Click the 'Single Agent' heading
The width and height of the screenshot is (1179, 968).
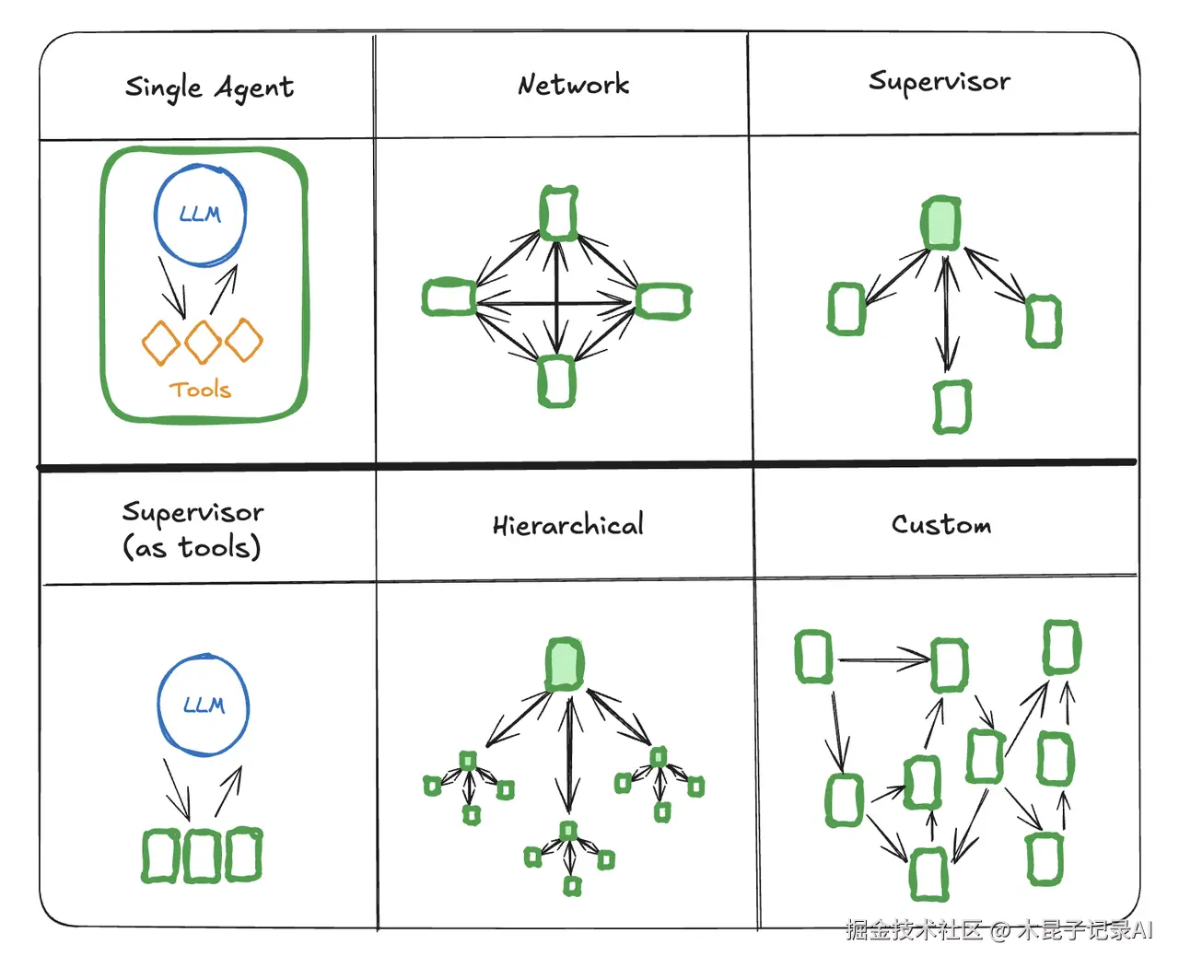[x=209, y=88]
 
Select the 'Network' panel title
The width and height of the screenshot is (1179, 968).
[x=573, y=85]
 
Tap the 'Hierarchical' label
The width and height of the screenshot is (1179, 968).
[x=568, y=524]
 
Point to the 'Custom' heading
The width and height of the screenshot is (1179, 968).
[x=941, y=524]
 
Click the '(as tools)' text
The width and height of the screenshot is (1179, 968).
[x=192, y=547]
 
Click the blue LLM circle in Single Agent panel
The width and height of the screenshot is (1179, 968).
[x=200, y=214]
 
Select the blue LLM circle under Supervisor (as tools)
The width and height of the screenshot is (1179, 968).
[x=204, y=705]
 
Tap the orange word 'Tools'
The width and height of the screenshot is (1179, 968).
[x=200, y=389]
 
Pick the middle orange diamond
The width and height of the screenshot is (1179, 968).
[x=203, y=342]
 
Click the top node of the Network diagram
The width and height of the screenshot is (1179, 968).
[x=558, y=214]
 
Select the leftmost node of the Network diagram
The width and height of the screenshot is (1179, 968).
[x=449, y=297]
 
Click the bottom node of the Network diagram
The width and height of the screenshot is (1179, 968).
[x=556, y=381]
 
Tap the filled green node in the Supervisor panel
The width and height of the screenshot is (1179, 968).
[x=940, y=223]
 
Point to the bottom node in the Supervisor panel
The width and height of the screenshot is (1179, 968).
[x=952, y=407]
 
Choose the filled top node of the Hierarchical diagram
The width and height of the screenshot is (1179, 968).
[x=565, y=664]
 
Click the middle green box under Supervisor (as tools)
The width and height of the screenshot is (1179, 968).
[x=201, y=856]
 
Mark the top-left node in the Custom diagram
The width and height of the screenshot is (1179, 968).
[x=813, y=657]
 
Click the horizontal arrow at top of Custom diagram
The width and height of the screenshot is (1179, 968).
[x=884, y=660]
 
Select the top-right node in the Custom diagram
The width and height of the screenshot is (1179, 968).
[x=1062, y=647]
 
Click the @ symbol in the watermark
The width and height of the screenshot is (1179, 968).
[x=1000, y=931]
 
